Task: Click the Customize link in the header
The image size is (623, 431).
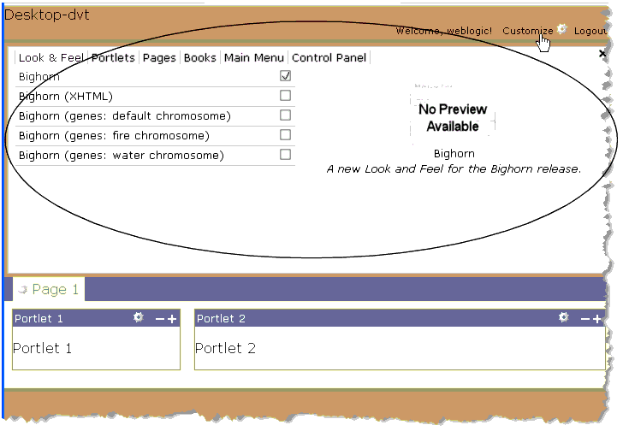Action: [x=527, y=31]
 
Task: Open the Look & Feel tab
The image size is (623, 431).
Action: [x=50, y=58]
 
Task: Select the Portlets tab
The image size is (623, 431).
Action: [x=113, y=58]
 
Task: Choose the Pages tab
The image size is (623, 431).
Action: [x=159, y=58]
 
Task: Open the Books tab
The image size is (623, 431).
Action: [x=200, y=58]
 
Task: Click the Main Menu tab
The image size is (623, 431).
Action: [x=254, y=58]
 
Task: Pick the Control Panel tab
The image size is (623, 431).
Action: [x=329, y=58]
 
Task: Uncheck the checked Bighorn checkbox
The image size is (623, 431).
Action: [x=286, y=76]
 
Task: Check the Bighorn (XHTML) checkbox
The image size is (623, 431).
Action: [x=286, y=96]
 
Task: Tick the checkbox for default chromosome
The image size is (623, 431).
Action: [x=286, y=115]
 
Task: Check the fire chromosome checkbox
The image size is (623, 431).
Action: [x=286, y=135]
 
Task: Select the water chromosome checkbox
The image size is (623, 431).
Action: [x=286, y=155]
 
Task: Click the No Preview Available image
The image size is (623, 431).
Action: [x=453, y=116]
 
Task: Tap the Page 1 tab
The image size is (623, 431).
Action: [x=55, y=290]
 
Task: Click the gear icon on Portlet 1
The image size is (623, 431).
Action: [x=139, y=318]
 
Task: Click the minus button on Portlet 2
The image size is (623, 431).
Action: [x=585, y=319]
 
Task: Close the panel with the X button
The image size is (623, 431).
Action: [x=602, y=53]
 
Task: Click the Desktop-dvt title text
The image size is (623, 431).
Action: [x=47, y=15]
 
